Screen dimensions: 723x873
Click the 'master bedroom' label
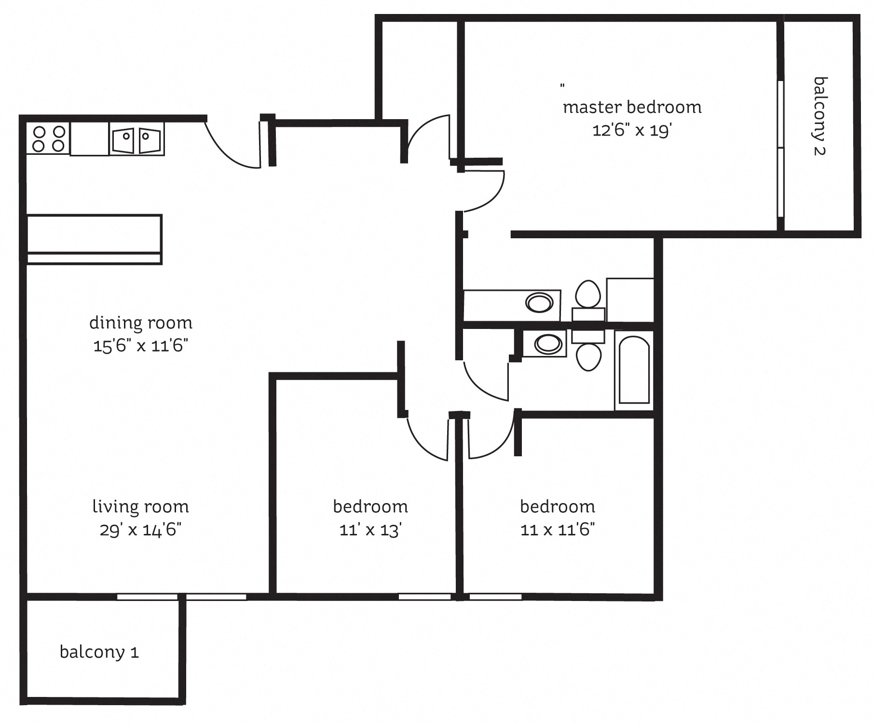(x=632, y=107)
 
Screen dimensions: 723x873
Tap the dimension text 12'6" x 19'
(x=632, y=130)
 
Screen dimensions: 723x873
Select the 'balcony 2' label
(x=819, y=116)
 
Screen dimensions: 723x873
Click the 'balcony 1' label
(x=99, y=652)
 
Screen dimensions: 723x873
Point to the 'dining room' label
(x=141, y=323)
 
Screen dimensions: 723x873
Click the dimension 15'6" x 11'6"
(x=140, y=346)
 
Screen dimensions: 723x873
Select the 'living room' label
(x=140, y=507)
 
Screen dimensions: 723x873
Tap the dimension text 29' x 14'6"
(x=140, y=530)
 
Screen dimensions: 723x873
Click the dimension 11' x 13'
(x=370, y=530)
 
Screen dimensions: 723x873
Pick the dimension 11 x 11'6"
(x=558, y=530)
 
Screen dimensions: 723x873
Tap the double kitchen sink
(x=137, y=139)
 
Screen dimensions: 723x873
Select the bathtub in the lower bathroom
(x=634, y=370)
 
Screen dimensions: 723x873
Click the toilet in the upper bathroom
(x=588, y=294)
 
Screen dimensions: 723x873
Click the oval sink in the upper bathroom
(x=539, y=303)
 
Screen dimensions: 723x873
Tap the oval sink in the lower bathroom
(x=549, y=344)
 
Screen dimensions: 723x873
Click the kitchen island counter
(x=94, y=239)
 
